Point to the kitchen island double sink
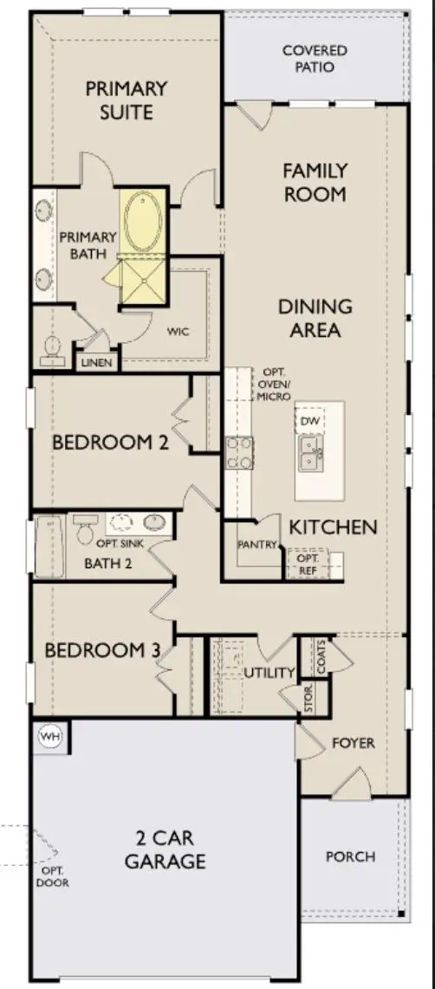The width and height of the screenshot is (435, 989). pos(309,452)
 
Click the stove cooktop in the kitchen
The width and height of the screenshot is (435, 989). pos(240,452)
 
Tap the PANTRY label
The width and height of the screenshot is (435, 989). pos(257,545)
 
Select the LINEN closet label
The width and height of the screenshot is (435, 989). pos(97,363)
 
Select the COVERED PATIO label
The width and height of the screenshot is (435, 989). pos(315,58)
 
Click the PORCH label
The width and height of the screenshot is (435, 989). pos(350,856)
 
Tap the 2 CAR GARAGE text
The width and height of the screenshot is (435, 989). pos(165,850)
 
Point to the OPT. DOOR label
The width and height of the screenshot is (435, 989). pos(53,876)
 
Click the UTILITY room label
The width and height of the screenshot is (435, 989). pos(269,673)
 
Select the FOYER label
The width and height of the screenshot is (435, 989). pos(354,743)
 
